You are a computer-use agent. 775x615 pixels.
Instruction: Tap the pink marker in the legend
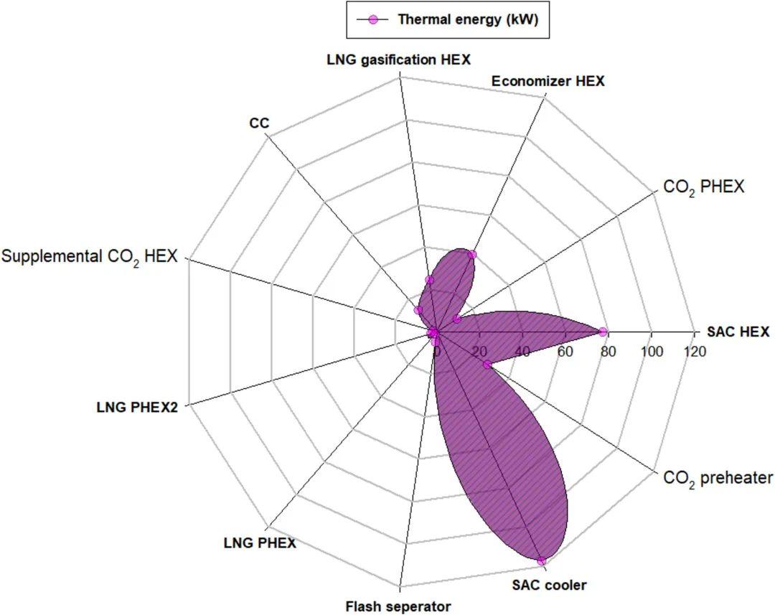click(372, 19)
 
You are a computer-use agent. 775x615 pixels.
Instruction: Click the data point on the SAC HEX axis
click(603, 332)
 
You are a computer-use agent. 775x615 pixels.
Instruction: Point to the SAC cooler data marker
click(542, 561)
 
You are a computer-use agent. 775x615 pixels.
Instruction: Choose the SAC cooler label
click(549, 585)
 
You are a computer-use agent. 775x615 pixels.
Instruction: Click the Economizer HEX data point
click(471, 255)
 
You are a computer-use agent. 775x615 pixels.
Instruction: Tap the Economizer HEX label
click(548, 81)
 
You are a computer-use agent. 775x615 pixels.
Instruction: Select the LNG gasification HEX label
click(398, 60)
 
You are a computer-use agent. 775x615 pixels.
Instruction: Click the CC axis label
click(259, 123)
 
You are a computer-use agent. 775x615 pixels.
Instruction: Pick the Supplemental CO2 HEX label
click(89, 256)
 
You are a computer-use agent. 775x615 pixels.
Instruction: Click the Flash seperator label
click(398, 606)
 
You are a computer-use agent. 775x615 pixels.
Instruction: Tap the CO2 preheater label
click(718, 478)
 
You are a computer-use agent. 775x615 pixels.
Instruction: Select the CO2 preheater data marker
click(487, 365)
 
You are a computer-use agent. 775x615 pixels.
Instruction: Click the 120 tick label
click(695, 352)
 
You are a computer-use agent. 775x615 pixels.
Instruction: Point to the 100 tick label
click(652, 352)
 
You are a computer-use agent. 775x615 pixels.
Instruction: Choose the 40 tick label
click(522, 352)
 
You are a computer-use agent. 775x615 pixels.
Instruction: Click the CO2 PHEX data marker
click(457, 319)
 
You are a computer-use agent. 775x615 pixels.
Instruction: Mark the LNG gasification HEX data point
click(430, 280)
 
